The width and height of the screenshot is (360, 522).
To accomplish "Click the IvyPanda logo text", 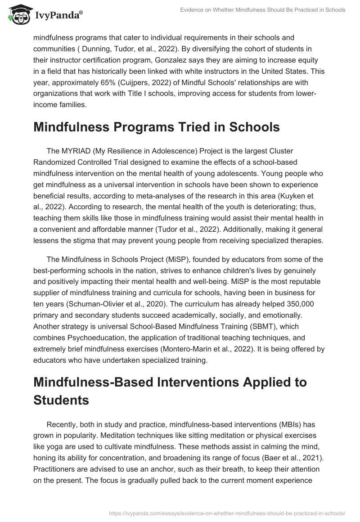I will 59,15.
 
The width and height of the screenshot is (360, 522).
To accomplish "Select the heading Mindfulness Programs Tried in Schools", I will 157,127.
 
